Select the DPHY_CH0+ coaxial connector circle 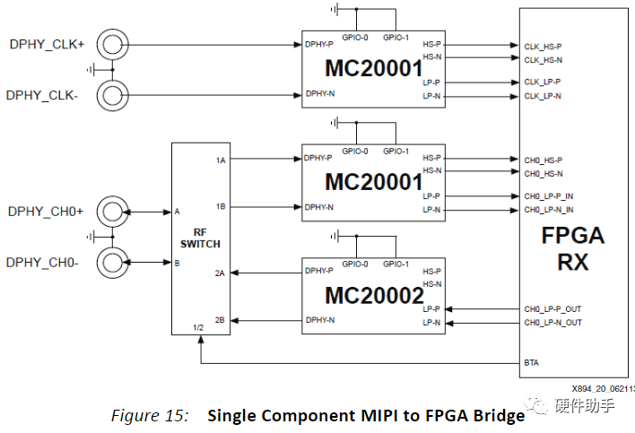click(112, 212)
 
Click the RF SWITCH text click(200, 237)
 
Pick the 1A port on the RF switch click(220, 160)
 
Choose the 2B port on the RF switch click(220, 320)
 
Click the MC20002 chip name click(373, 294)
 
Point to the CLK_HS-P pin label click(543, 46)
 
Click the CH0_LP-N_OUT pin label click(552, 322)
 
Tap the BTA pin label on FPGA click(531, 363)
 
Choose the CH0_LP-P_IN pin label click(550, 195)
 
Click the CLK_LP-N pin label click(543, 96)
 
